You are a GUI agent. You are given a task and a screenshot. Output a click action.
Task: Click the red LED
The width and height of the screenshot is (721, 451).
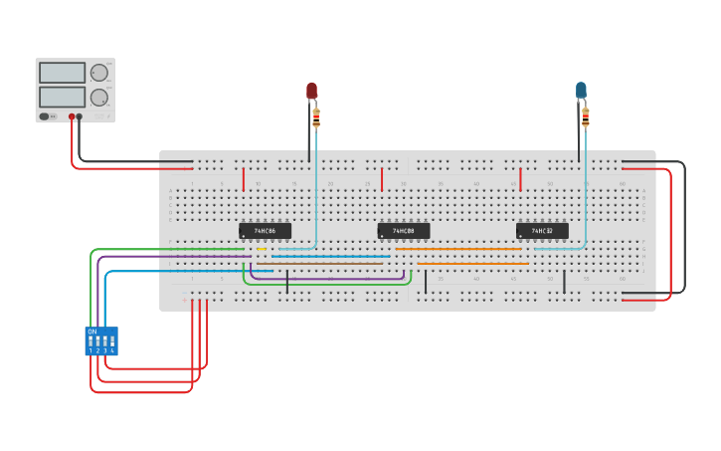pos(311,91)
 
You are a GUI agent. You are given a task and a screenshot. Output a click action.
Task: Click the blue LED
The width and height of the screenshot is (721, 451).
pos(582,91)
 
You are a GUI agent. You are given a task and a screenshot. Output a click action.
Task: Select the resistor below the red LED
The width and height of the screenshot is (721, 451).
pos(316,117)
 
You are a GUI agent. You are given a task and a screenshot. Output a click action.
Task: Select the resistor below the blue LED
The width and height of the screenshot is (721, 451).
pos(585,117)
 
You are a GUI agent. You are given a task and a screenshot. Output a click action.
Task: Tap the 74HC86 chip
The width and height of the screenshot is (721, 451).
pos(266,231)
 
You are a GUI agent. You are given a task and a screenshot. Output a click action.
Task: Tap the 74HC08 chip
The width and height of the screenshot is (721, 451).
pos(404,231)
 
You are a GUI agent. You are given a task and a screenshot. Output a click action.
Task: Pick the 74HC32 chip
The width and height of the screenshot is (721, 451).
pos(542,231)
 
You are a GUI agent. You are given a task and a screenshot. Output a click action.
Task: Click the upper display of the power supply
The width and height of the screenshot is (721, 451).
pos(62,73)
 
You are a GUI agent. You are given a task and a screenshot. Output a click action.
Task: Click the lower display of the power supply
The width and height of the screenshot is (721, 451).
pos(62,97)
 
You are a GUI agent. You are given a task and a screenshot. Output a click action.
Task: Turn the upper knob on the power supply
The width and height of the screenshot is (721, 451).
pos(99,73)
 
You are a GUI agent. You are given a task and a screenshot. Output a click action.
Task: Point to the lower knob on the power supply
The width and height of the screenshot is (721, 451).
pos(99,98)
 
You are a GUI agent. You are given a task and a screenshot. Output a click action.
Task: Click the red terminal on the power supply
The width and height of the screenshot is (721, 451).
pos(72,116)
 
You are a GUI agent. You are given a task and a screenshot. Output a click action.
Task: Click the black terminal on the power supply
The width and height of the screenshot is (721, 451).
pos(80,116)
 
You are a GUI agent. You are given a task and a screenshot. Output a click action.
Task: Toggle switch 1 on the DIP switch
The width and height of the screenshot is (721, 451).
pos(90,342)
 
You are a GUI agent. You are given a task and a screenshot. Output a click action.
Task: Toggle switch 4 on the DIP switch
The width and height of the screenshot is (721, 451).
pos(112,342)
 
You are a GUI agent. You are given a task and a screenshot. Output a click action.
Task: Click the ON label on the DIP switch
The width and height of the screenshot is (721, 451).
pos(92,331)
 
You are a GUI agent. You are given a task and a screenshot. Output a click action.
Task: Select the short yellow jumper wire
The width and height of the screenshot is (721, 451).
pos(262,249)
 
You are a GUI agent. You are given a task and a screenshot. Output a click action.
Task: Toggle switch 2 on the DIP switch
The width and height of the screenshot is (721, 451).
pos(97,342)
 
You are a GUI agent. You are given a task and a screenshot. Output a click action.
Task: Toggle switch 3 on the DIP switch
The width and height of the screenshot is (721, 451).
pos(105,342)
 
